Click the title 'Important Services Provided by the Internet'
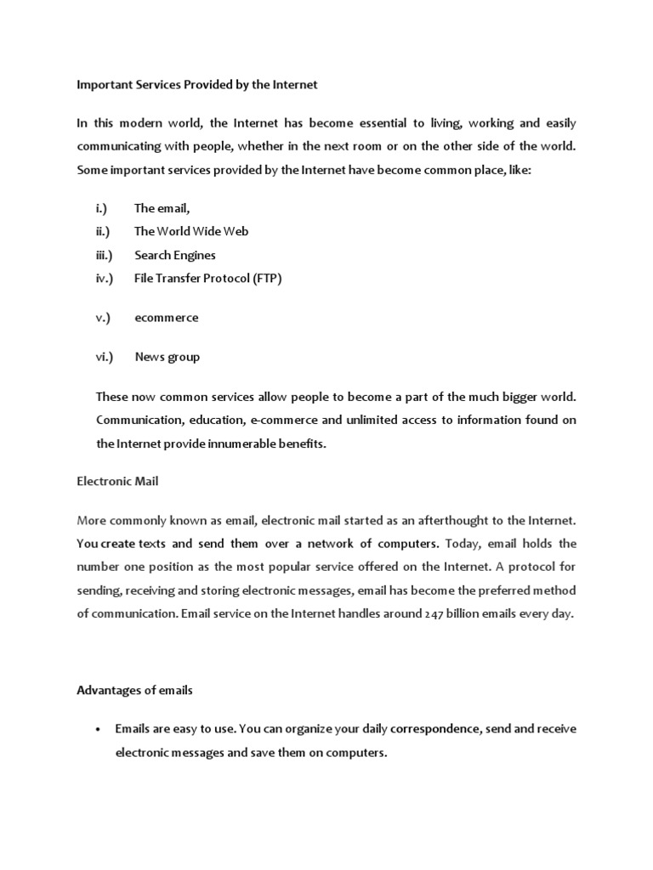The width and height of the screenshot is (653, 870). coord(196,85)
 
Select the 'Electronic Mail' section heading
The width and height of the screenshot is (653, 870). coord(117,481)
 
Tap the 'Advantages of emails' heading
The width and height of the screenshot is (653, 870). coord(134,690)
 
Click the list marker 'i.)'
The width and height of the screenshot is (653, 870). coord(101,208)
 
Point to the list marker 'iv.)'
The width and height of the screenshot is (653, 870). coord(104,279)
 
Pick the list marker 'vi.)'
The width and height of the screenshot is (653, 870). coord(104,357)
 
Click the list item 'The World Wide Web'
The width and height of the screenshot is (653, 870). coord(191,231)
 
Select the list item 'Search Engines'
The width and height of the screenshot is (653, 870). coord(175,255)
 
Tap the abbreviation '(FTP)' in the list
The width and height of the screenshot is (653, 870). coord(264,279)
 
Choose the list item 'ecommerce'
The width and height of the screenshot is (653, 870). coord(167,318)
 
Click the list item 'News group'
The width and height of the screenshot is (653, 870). coord(168,357)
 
